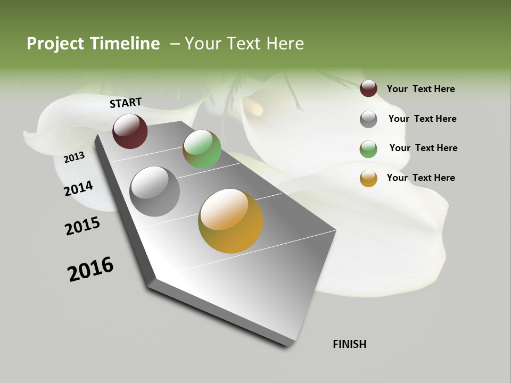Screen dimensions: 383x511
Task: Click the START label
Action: coord(126,102)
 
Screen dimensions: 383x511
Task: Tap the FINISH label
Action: coord(349,344)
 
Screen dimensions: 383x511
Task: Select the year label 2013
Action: coord(74,157)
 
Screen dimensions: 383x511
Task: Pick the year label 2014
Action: coord(78,188)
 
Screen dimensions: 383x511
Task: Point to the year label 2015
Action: coord(82,226)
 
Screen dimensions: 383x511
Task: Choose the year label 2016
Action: coord(90,269)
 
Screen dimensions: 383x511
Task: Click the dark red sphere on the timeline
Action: coord(130,131)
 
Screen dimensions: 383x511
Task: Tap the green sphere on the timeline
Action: coord(202,149)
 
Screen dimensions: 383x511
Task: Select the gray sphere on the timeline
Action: coord(154,191)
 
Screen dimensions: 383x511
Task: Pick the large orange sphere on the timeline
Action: coord(230,221)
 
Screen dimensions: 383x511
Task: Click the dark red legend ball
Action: coord(368,88)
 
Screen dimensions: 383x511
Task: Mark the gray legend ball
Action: coord(368,119)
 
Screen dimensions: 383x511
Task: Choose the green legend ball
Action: coord(368,148)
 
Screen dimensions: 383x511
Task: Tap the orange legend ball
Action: coord(368,178)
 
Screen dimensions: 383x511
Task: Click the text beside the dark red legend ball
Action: coord(421,89)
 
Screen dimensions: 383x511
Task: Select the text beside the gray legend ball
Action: coord(422,119)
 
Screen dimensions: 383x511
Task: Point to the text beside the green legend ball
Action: coord(423,148)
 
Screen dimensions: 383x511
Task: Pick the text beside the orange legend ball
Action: coord(421,178)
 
